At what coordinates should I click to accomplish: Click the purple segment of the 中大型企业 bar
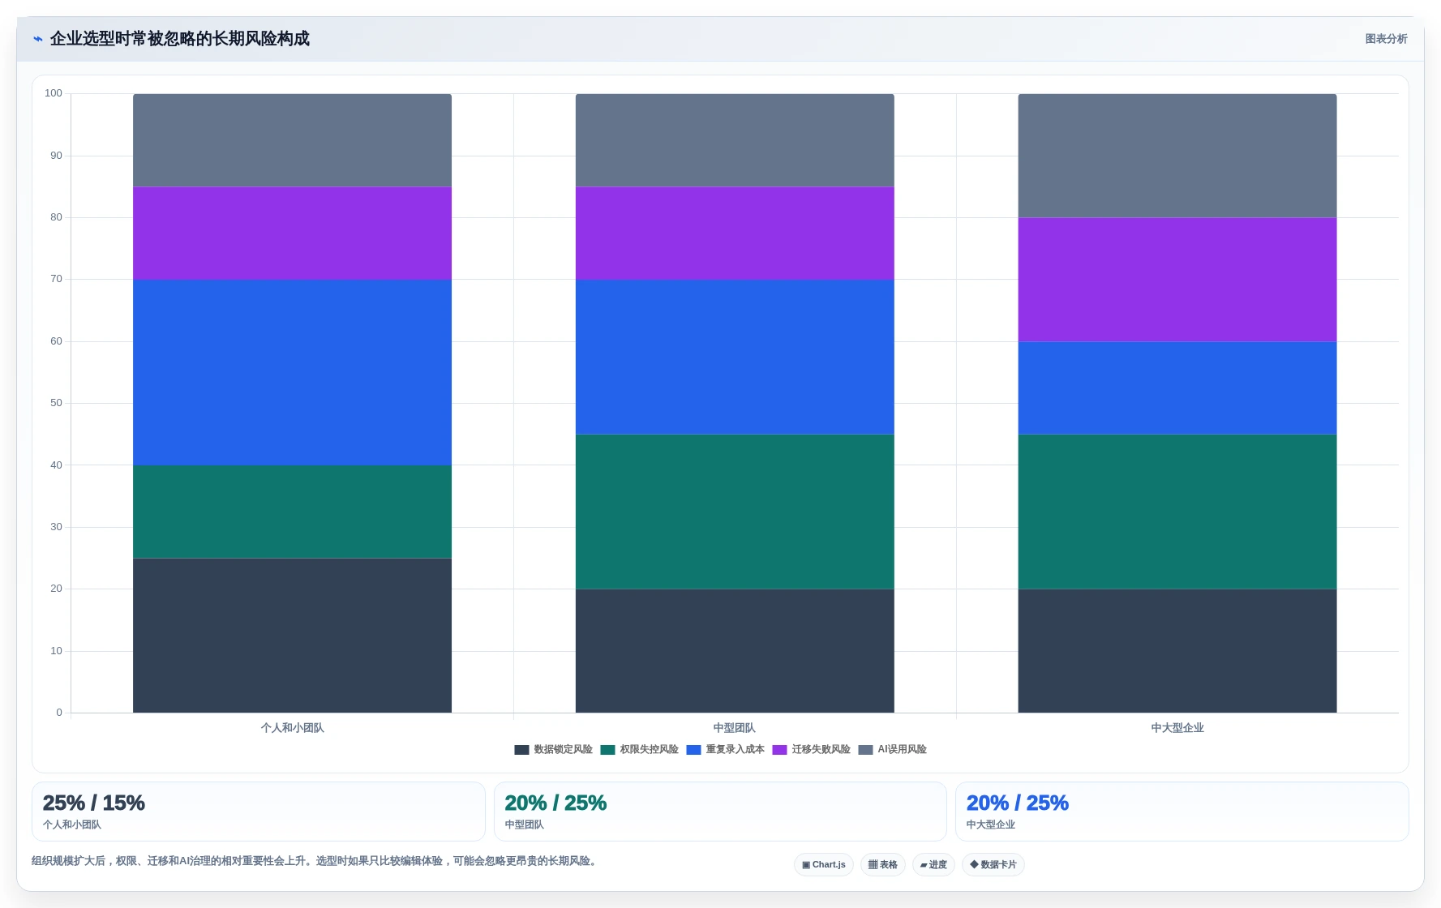pos(1177,280)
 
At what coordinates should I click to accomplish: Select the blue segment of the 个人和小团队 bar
pos(292,372)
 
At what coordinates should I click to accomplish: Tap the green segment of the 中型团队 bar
pos(735,512)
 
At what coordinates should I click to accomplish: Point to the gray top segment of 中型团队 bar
pos(735,140)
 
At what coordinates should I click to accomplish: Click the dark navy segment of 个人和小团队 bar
pos(292,636)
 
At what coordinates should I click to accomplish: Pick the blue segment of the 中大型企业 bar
pos(1177,388)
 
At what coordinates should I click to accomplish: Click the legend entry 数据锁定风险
pos(554,750)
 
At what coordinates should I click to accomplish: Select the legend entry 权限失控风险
pos(640,750)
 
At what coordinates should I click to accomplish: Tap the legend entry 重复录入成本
pos(726,750)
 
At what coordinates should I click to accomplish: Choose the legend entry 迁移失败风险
pos(812,750)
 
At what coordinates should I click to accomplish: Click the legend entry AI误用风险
pos(893,750)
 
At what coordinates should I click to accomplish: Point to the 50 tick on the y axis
pos(56,403)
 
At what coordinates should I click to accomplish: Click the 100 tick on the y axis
pos(54,93)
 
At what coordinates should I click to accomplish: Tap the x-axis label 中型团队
pos(735,728)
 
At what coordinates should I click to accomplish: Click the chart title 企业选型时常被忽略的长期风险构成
pos(180,39)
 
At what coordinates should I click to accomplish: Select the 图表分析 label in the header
pos(1386,39)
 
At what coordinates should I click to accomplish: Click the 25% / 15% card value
pos(94,803)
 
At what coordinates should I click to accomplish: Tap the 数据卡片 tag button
pos(993,865)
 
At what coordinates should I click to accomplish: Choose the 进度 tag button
pos(933,865)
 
